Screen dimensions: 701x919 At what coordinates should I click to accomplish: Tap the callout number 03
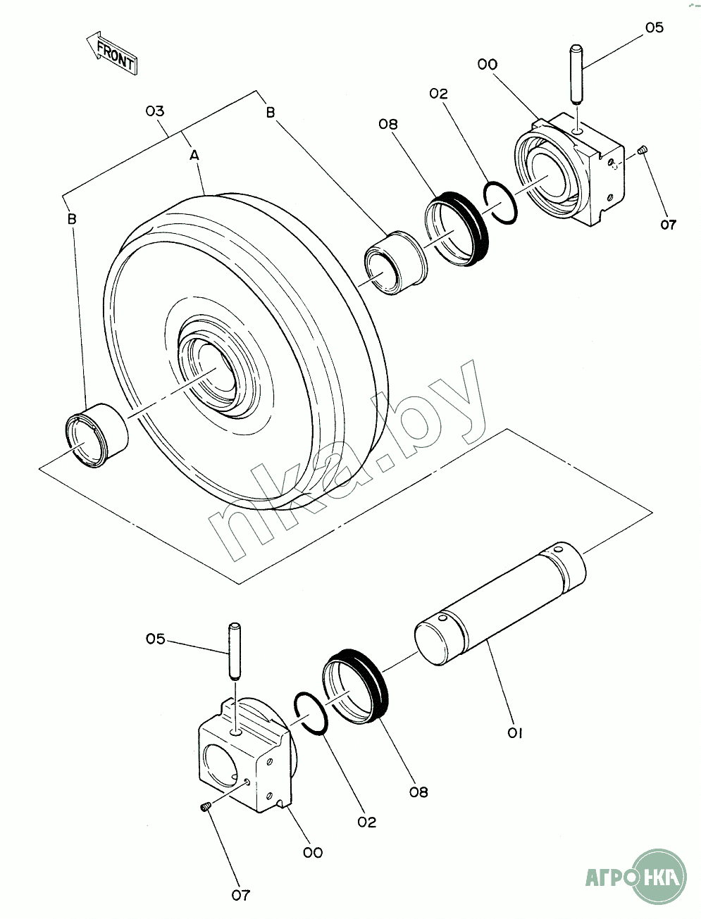tap(155, 111)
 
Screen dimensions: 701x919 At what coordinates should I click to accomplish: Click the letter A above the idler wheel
tap(194, 156)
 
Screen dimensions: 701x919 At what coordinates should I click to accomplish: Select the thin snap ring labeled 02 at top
tap(500, 202)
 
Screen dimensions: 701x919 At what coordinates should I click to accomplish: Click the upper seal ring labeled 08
tap(457, 228)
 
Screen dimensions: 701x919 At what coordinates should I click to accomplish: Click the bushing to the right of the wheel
tap(396, 263)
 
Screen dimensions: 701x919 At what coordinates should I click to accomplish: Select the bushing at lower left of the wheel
tap(97, 435)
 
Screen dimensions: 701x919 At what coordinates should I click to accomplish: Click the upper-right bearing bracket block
tap(571, 170)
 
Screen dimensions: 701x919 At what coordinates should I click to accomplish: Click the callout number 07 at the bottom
tap(241, 895)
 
